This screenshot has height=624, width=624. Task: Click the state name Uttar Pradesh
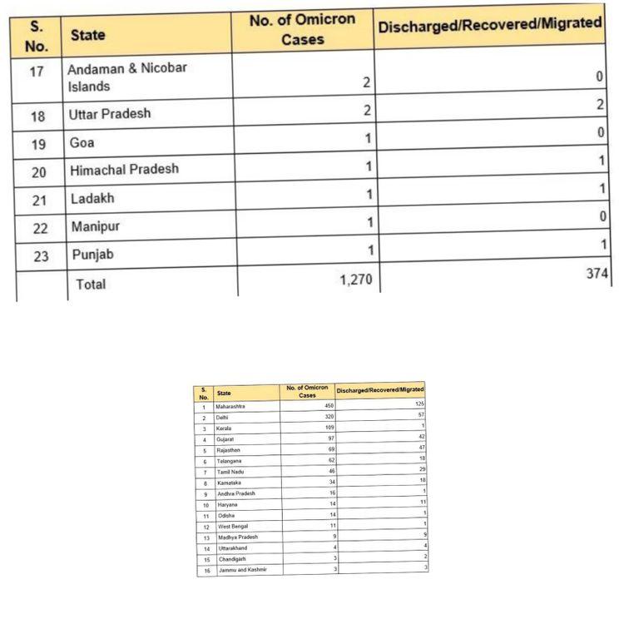pyautogui.click(x=110, y=114)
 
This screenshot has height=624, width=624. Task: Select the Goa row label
pyautogui.click(x=82, y=142)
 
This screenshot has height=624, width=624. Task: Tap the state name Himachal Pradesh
pyautogui.click(x=124, y=170)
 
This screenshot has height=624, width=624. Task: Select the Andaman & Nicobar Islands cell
pyautogui.click(x=126, y=77)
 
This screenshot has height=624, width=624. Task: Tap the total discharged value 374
pyautogui.click(x=597, y=274)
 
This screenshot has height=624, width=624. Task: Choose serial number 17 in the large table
pyautogui.click(x=37, y=72)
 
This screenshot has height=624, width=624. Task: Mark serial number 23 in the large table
pyautogui.click(x=41, y=256)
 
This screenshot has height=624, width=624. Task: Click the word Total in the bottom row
pyautogui.click(x=91, y=285)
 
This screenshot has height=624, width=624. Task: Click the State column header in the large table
pyautogui.click(x=87, y=36)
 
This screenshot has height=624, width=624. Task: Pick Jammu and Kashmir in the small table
pyautogui.click(x=243, y=570)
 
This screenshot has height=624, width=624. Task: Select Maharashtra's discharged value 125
pyautogui.click(x=419, y=404)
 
